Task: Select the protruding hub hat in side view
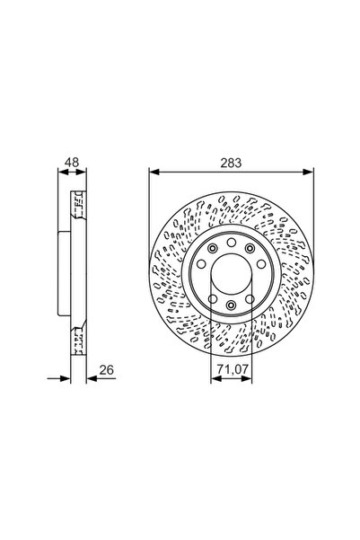(x=64, y=273)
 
